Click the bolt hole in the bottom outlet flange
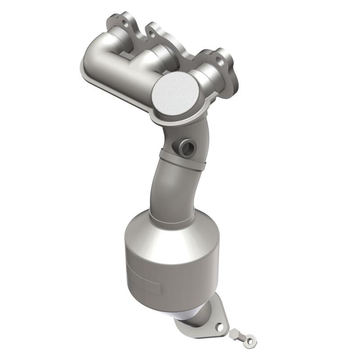tap(220, 327)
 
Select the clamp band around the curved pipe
tap(180, 159)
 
